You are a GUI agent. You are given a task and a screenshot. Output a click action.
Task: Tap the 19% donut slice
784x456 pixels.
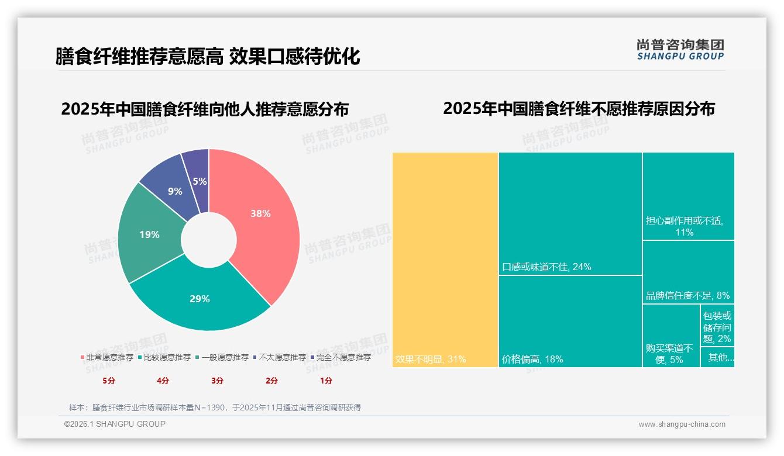[149, 234]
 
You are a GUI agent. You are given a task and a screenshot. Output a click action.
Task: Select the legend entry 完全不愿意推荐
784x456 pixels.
[343, 357]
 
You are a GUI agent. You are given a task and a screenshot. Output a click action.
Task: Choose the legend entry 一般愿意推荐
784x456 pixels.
[225, 357]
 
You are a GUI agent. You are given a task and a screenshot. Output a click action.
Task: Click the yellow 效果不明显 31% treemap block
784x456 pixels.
[445, 260]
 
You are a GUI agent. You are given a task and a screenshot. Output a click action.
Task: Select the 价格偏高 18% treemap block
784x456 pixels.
[570, 322]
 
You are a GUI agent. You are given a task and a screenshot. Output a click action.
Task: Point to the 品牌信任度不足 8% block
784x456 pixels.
[689, 272]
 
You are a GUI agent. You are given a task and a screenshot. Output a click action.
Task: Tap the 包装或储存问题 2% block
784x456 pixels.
[717, 326]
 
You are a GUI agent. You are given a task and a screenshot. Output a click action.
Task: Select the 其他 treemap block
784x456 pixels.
[717, 357]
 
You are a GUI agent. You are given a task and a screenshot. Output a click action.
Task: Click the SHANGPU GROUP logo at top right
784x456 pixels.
[680, 49]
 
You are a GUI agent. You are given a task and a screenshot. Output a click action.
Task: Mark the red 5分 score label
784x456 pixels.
[109, 381]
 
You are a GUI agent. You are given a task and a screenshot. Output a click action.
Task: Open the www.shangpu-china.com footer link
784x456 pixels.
[682, 424]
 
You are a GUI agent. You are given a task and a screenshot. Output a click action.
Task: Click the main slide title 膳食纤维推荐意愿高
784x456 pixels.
[139, 56]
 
